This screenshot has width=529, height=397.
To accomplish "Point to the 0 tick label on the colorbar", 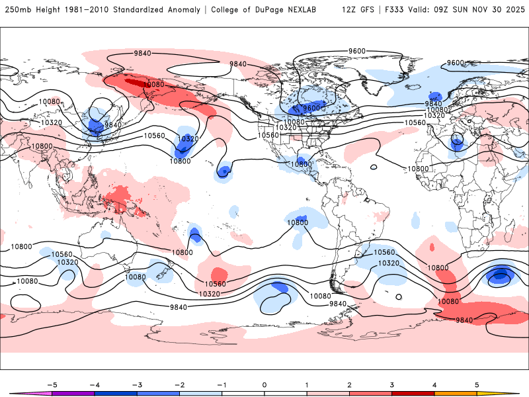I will click(264, 384).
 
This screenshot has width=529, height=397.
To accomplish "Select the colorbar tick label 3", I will click(392, 384).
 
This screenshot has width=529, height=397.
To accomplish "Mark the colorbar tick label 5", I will click(477, 384).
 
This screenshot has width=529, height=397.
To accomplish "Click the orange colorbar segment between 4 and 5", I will click(456, 393).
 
